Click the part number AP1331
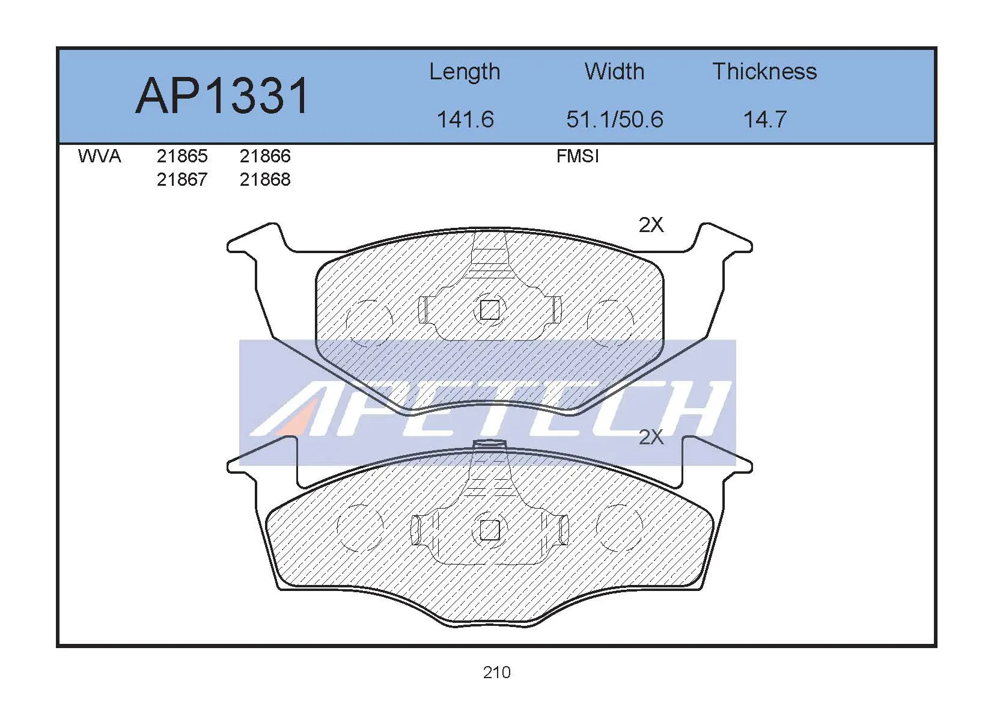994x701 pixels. (x=221, y=96)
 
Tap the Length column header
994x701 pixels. (x=465, y=72)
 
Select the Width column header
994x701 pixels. (x=615, y=71)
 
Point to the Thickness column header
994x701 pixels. (x=764, y=71)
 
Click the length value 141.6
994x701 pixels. (x=465, y=120)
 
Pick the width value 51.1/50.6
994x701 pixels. (x=615, y=120)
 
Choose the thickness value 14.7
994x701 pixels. (x=765, y=120)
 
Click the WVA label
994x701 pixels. (x=99, y=156)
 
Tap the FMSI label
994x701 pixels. (x=578, y=156)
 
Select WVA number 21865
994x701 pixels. (x=182, y=156)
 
